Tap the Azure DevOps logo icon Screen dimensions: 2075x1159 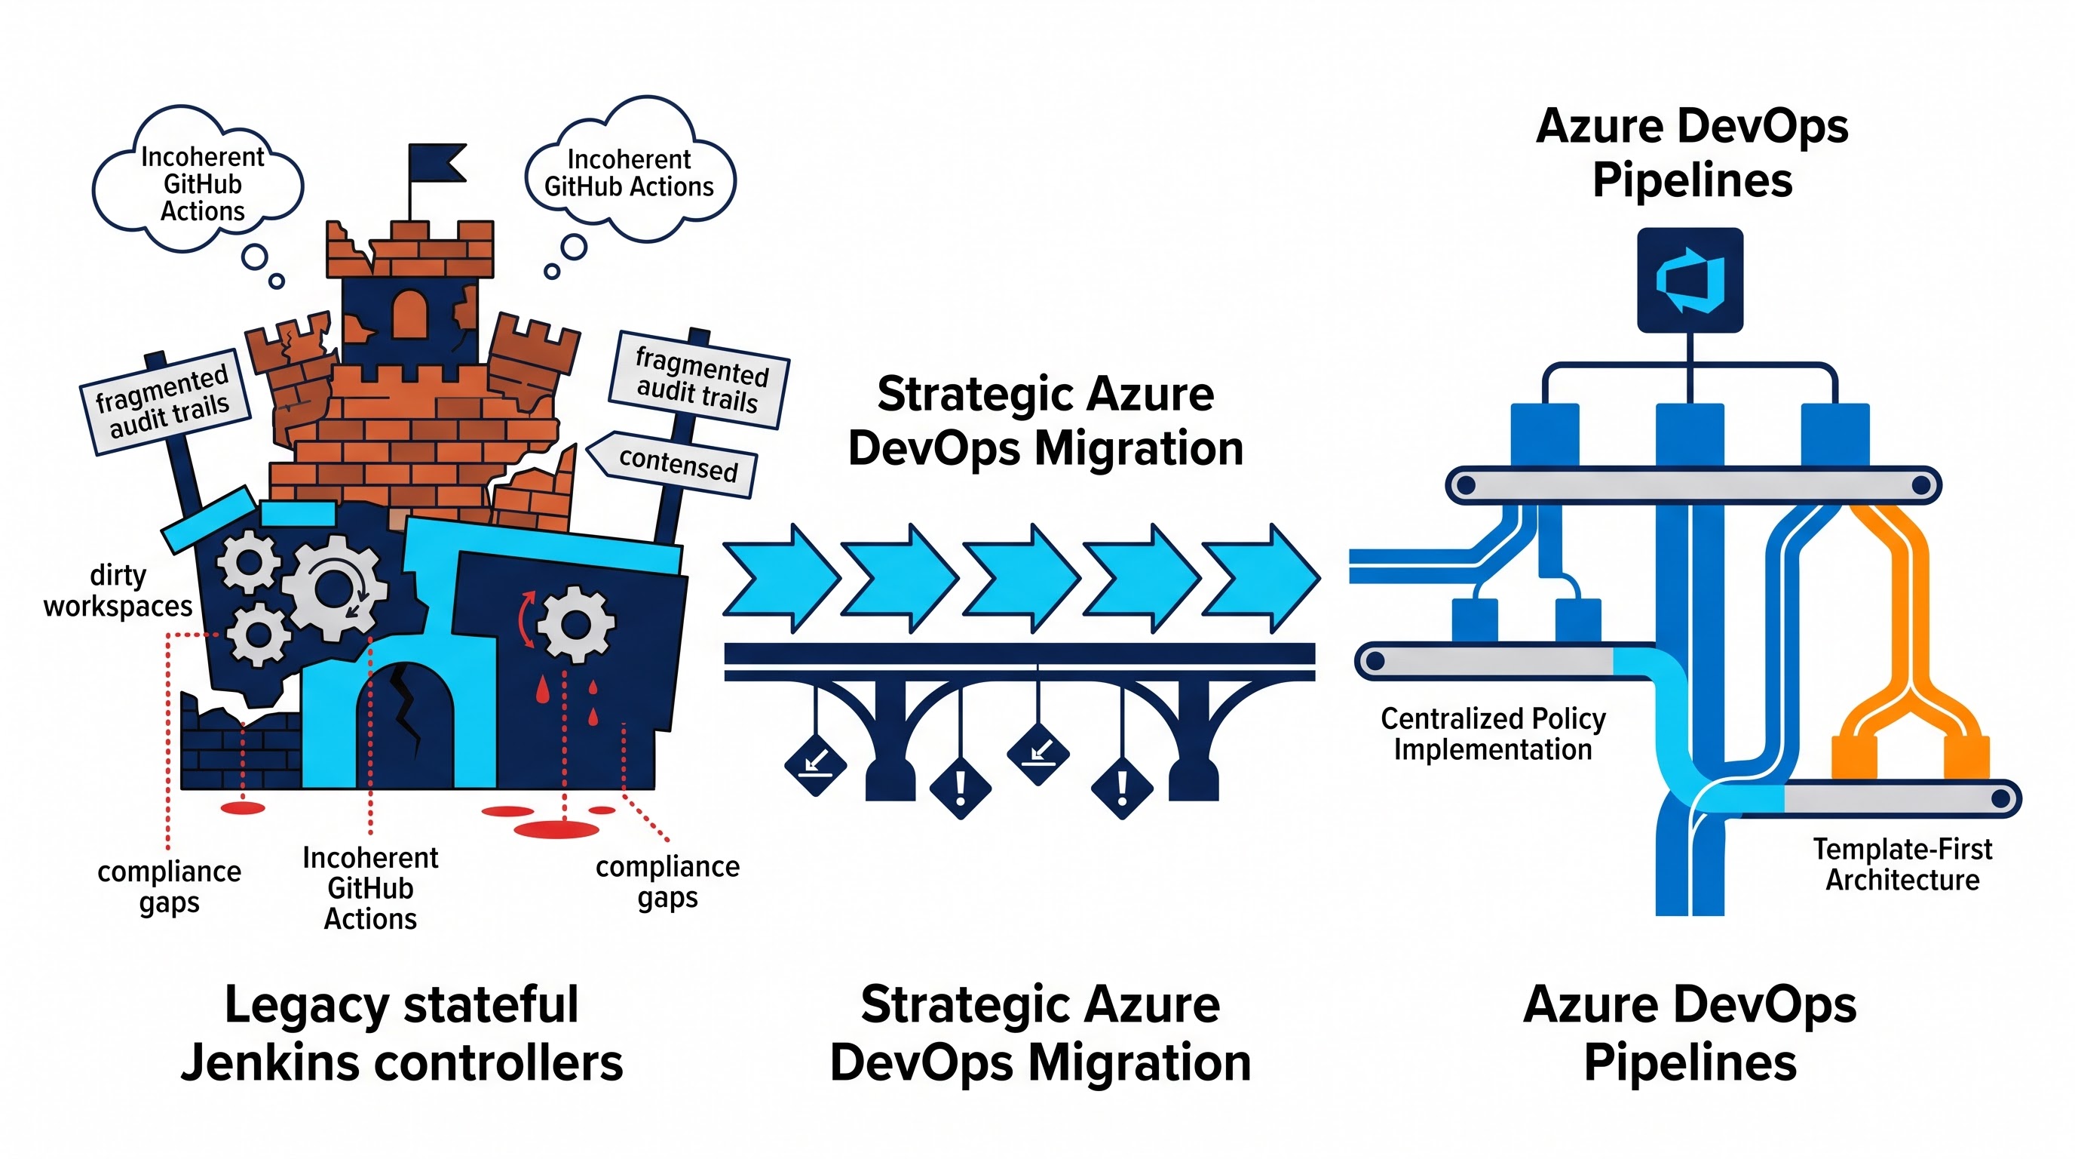click(1690, 280)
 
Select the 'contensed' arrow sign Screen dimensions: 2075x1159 click(672, 463)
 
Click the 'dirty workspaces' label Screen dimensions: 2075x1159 click(118, 591)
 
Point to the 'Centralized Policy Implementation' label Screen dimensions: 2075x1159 click(1493, 733)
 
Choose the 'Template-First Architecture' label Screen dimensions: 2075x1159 click(1902, 864)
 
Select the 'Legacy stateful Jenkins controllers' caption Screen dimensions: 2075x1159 click(402, 1033)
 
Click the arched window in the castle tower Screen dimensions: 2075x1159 click(409, 315)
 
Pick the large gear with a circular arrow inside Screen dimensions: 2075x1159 click(335, 588)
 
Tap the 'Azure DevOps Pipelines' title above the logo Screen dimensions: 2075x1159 click(1691, 153)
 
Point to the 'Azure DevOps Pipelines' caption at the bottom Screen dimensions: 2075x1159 click(1690, 1033)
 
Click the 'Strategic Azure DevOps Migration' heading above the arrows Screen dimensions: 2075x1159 click(1046, 421)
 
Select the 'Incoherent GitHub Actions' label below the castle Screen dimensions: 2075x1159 click(370, 888)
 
